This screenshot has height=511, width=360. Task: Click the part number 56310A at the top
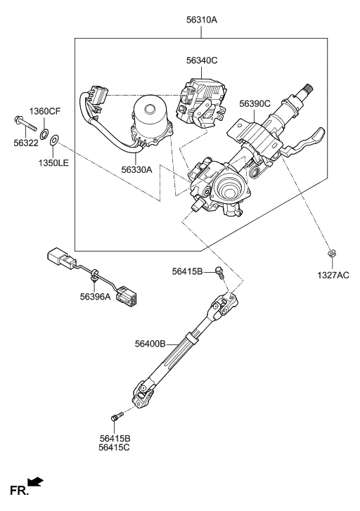coord(202,20)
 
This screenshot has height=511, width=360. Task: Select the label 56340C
coord(202,60)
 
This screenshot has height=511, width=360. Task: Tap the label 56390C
coord(255,103)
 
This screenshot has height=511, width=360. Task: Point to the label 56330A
coord(136,170)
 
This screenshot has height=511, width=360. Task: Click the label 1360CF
coord(45,112)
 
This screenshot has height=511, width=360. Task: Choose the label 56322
coord(26,143)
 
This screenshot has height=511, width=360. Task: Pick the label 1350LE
coord(54,162)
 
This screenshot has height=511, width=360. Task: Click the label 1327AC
coord(333,276)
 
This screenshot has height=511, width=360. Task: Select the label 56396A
coord(95,297)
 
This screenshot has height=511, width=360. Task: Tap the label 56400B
coord(150,344)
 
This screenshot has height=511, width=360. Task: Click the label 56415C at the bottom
coord(114,448)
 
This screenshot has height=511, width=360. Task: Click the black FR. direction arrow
coord(35,481)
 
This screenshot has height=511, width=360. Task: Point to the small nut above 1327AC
coord(332,253)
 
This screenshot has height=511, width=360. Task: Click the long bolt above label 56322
coord(25,124)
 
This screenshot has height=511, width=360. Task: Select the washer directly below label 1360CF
coord(44,133)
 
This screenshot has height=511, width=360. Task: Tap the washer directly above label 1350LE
coord(54,141)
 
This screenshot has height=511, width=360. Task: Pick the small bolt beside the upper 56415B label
coord(220,273)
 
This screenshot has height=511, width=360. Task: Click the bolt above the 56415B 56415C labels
coord(117,416)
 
